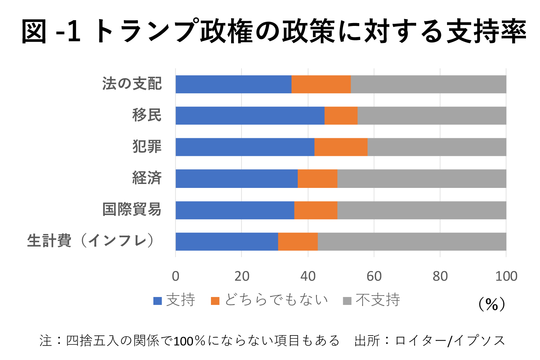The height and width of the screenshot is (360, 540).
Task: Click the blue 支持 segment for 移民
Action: [250, 116]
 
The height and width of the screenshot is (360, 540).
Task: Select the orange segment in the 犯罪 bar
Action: [341, 147]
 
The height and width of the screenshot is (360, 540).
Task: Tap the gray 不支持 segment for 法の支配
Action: [428, 84]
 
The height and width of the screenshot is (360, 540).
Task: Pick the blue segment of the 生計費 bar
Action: [227, 241]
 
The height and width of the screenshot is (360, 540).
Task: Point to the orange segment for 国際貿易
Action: [316, 210]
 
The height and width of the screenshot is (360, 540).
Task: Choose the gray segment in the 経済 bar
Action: [422, 179]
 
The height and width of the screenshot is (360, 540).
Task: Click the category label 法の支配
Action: [132, 84]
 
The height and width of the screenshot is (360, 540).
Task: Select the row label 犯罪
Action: [147, 147]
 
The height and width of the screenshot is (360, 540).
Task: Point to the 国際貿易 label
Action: [132, 210]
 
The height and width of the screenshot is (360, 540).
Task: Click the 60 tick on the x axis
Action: [374, 276]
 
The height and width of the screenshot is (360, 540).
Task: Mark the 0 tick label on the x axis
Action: [175, 276]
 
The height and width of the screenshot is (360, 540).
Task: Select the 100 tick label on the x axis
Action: [506, 276]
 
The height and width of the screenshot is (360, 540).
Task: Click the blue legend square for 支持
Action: [158, 301]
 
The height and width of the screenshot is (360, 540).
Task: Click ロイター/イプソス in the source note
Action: [450, 341]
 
